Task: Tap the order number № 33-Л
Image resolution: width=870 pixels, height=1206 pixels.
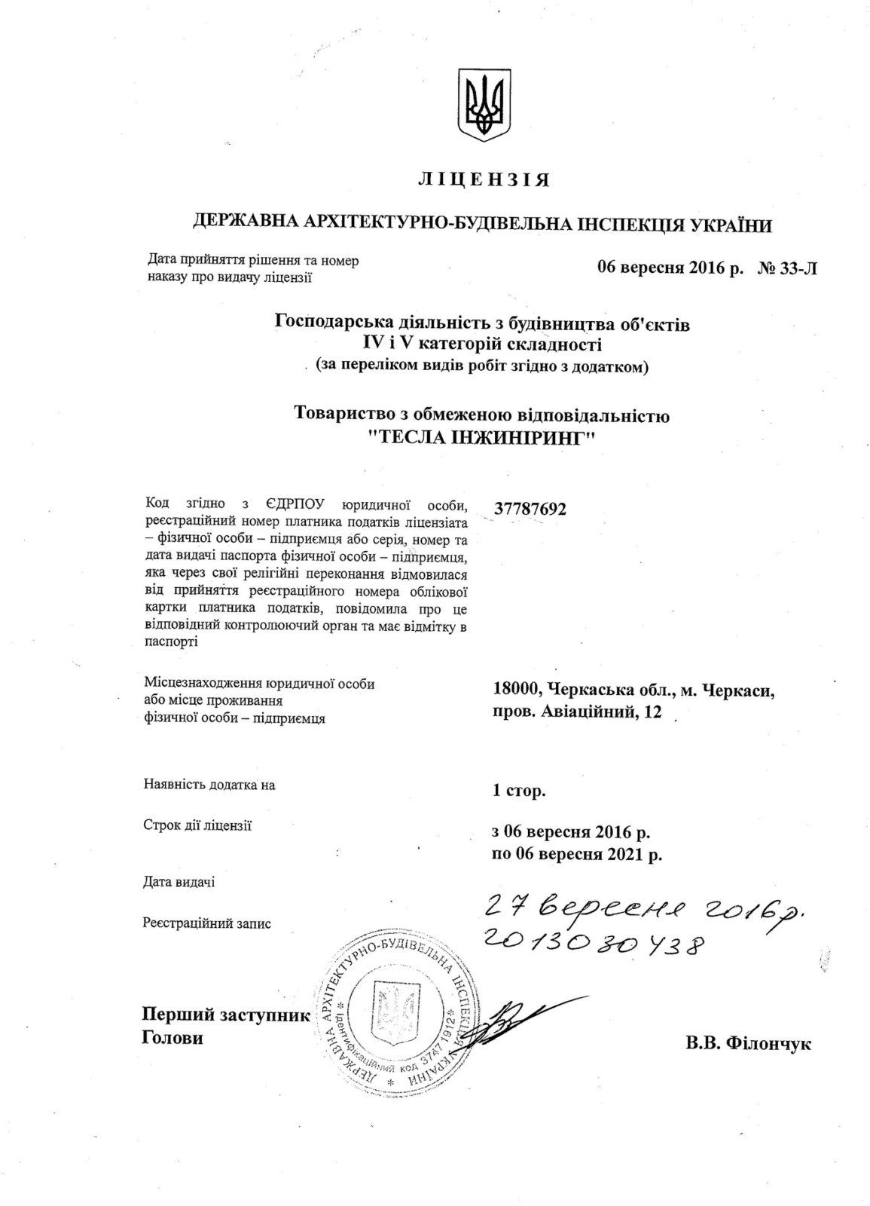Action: point(786,268)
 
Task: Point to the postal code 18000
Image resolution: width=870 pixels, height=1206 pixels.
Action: point(516,689)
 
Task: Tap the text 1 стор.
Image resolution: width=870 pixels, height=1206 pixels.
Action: point(518,791)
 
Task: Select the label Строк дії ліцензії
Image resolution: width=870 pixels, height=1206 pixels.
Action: point(197,826)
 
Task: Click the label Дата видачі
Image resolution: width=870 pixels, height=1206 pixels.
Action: point(178,881)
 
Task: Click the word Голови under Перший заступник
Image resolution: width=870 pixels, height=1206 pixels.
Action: point(172,1038)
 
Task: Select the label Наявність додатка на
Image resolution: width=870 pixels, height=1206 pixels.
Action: point(209,785)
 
